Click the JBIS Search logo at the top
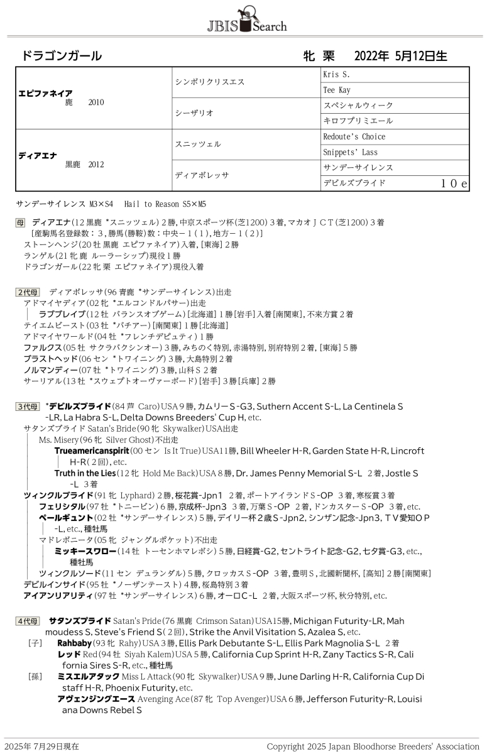coord(246,20)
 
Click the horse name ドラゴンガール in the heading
coord(62,56)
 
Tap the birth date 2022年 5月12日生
coord(400,56)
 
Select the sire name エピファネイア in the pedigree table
coord(46,93)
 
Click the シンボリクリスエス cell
coord(209,82)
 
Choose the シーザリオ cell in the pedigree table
coord(194,113)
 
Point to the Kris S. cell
coord(337,75)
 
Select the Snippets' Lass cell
coord(350,153)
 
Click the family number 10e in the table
coord(454,183)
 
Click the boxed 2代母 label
coord(28,292)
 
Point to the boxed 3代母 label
coord(28,407)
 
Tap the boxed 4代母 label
coord(28,621)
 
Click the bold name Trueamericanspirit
coord(90,451)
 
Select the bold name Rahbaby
coord(74,643)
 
